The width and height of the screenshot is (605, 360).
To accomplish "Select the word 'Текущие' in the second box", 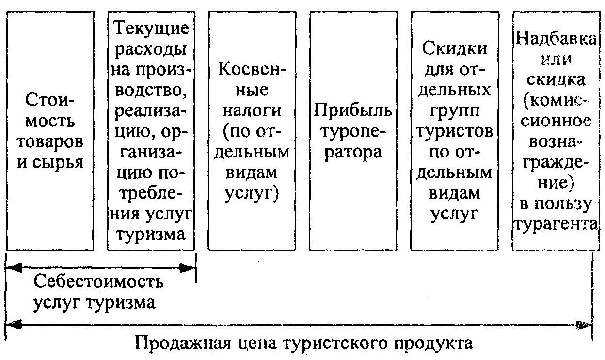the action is click(151, 28).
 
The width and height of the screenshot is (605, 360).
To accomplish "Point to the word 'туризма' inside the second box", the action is click(151, 234).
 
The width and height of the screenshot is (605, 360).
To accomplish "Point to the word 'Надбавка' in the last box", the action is click(556, 39).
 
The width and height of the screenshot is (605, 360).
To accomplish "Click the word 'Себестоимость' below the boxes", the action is click(99, 282).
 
